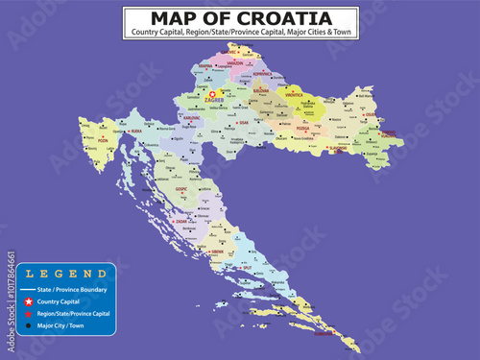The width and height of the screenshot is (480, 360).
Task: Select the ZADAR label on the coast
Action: click(x=180, y=222)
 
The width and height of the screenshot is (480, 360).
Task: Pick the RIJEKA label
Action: click(x=135, y=131)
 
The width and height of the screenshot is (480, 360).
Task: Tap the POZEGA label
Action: click(x=302, y=128)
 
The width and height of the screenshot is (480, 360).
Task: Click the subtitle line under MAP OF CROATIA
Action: click(x=240, y=34)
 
